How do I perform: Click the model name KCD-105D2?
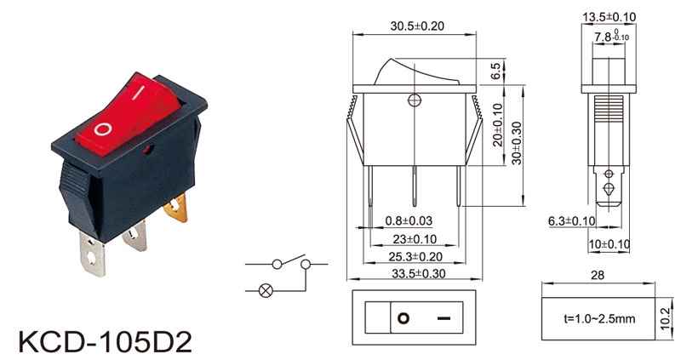(104, 341)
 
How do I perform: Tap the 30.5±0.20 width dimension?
(417, 26)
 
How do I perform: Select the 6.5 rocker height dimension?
(495, 71)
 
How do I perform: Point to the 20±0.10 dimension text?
(498, 124)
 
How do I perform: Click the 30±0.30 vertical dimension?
(517, 143)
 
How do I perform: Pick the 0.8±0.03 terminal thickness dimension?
(409, 221)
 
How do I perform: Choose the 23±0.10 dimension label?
(415, 239)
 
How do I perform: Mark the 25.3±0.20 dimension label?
(415, 257)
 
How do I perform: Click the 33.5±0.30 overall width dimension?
(419, 274)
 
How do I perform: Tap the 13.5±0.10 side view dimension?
(609, 17)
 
